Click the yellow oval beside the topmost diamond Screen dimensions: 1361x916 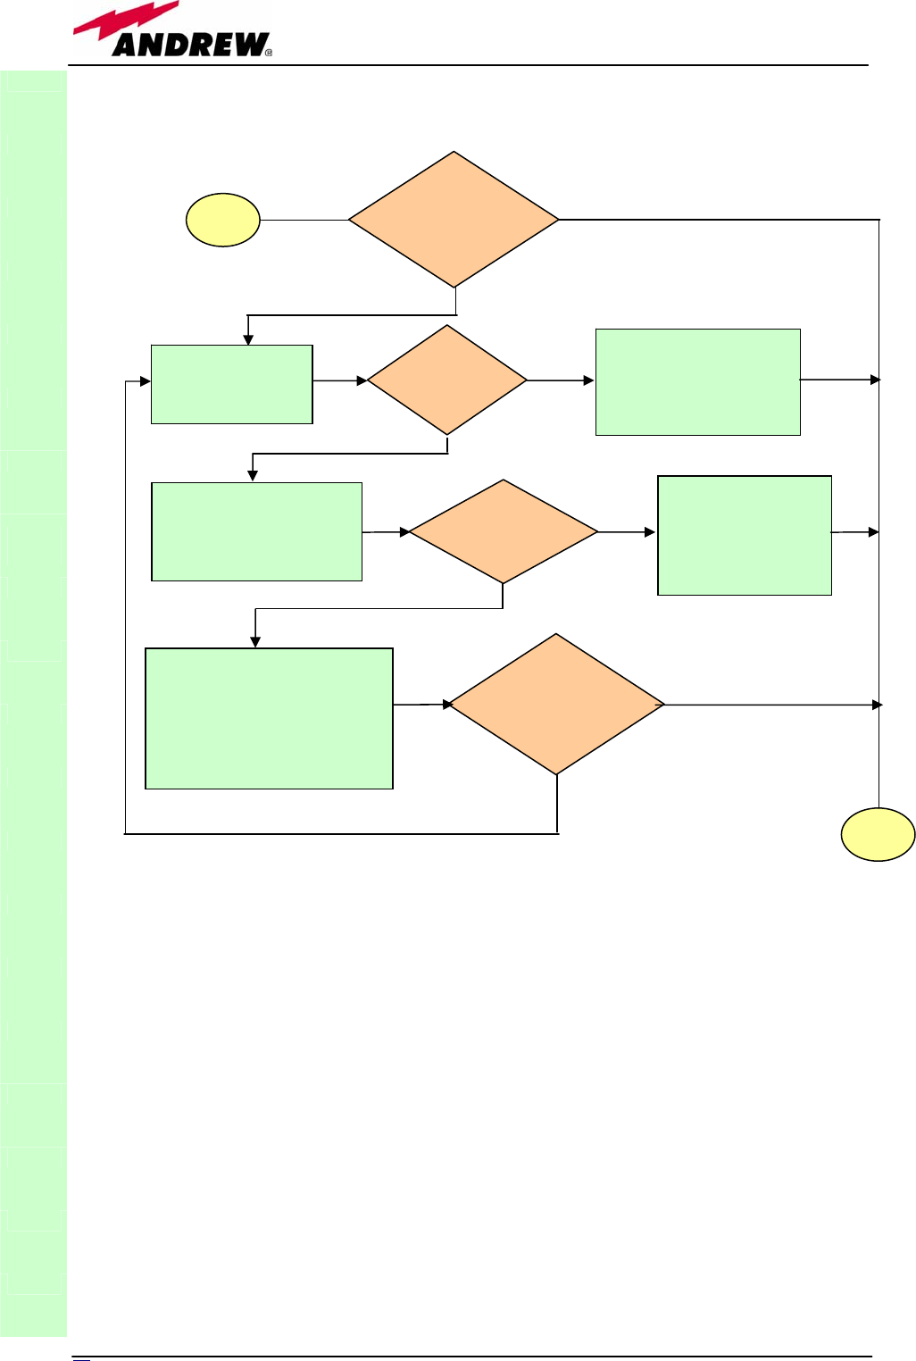223,220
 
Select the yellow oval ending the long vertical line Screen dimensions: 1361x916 878,835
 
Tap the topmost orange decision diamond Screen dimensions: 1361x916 454,220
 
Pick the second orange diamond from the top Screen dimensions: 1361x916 446,380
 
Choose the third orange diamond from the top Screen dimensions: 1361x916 504,532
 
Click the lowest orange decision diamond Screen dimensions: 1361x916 556,705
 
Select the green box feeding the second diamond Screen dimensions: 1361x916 232,384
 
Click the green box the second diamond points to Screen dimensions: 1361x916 697,382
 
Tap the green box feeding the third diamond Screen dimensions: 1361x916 257,532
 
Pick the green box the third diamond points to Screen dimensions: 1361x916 745,535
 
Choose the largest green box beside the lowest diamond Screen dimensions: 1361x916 269,718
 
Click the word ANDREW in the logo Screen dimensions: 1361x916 190,45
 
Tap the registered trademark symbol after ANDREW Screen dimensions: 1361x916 269,53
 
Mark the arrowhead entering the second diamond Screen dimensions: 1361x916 362,381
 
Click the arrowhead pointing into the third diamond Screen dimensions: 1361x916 404,532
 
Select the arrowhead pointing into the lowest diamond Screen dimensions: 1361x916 448,705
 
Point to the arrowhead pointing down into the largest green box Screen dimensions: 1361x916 255,641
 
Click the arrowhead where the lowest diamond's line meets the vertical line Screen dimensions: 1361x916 877,705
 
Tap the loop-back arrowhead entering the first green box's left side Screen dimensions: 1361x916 145,381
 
